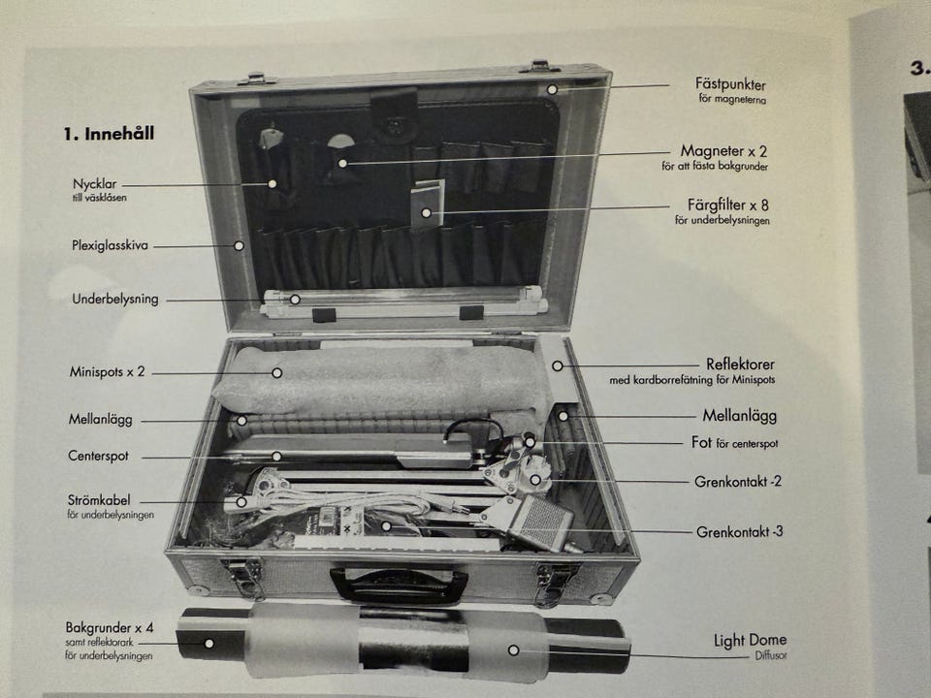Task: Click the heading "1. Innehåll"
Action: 109,134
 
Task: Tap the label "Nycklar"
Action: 94,184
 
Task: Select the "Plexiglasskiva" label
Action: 110,245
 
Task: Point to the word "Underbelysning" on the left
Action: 115,300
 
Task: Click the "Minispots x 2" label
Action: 107,372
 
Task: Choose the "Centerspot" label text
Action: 98,456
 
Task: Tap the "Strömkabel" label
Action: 99,500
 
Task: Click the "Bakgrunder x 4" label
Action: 110,627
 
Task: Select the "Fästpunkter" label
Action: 730,84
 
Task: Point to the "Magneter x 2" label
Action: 723,151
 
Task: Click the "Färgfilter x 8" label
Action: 728,206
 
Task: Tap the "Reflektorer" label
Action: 740,364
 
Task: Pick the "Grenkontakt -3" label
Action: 739,532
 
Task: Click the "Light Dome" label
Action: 750,641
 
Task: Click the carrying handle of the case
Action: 399,586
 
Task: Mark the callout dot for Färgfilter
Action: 426,212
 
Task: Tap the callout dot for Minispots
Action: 276,372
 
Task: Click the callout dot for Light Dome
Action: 514,650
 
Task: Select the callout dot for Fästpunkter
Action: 552,89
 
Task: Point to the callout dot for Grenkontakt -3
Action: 386,525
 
